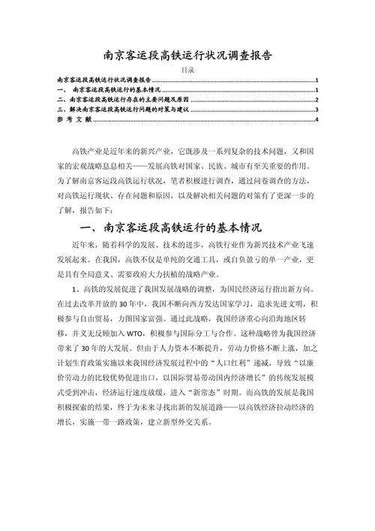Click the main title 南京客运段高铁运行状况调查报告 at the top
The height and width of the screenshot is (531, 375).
(187, 56)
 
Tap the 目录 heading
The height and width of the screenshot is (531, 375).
(187, 69)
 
